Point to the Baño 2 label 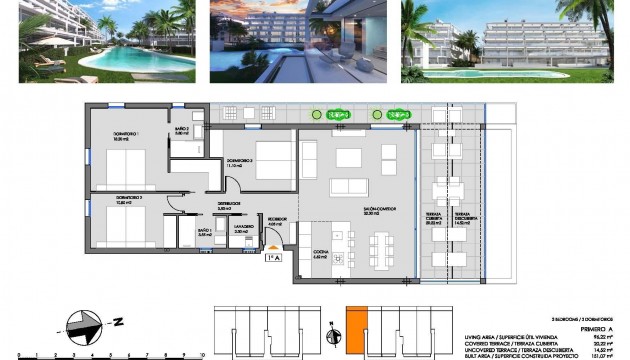click(183, 130)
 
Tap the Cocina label click(321, 254)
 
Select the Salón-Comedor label click(378, 210)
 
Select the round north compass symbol click(81, 324)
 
